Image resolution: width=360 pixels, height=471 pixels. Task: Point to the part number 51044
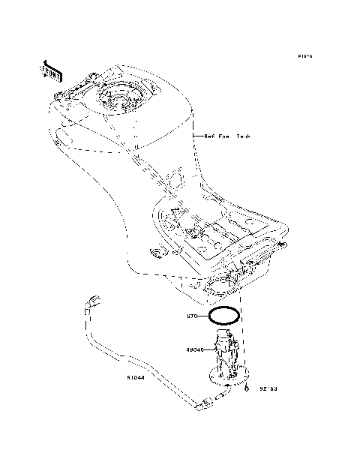tap(136, 379)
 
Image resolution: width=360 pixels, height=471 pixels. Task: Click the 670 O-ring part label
tap(191, 316)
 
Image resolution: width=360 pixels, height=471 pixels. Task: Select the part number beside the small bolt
tap(268, 389)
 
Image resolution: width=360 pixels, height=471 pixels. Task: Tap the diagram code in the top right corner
tap(304, 56)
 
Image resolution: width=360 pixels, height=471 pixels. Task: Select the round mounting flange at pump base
tap(229, 374)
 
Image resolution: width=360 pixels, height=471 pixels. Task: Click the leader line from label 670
tap(202, 316)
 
